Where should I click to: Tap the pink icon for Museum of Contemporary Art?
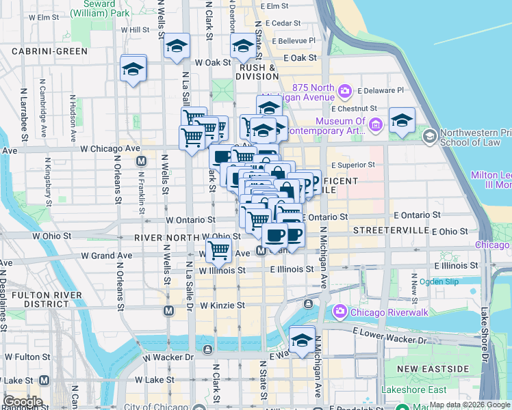coord(375,125)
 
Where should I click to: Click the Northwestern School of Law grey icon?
coord(429,136)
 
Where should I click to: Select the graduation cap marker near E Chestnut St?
coord(402,120)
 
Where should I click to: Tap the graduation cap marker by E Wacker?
coord(301,338)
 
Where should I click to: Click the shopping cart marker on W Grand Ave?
coord(218,249)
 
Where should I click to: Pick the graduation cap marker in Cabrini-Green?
coord(133,68)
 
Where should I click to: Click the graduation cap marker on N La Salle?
coord(177,46)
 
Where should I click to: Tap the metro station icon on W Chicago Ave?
coord(142,161)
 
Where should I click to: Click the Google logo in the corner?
coord(23,401)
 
